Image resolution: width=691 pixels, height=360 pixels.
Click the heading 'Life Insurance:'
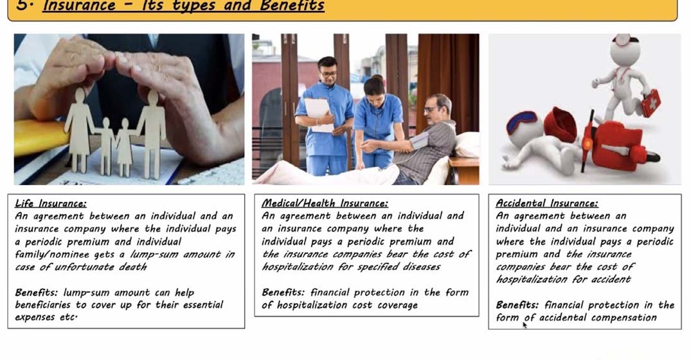[51, 203]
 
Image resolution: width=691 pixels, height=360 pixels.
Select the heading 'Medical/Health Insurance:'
[325, 203]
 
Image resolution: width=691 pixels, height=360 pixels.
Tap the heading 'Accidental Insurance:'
[547, 203]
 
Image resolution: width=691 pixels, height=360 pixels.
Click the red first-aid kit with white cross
[651, 103]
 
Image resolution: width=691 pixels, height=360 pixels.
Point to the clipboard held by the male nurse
[318, 114]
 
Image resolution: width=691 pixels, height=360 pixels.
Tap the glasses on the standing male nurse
[328, 73]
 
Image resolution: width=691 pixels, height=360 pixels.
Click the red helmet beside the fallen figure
[560, 124]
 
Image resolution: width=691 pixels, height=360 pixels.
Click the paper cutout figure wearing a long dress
[79, 130]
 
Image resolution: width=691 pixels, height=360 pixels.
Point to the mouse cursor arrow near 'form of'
[525, 325]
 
